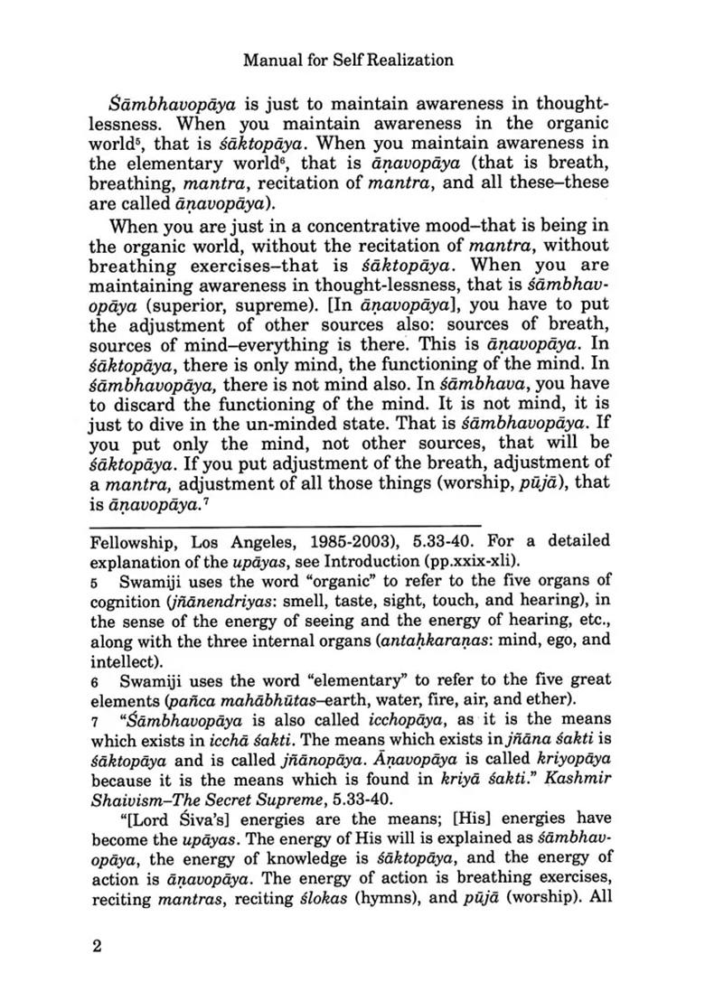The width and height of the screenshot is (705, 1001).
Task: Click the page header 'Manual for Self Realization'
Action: click(348, 61)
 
